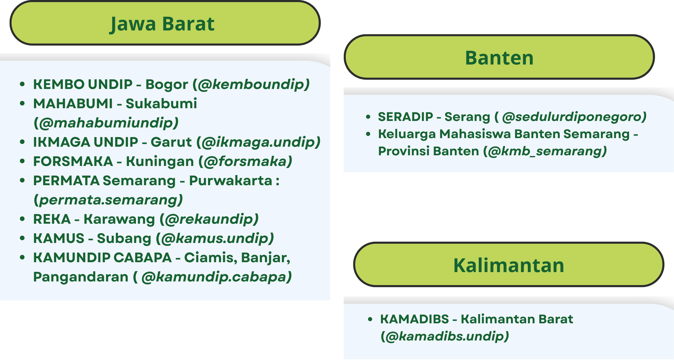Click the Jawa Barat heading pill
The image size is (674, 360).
(x=165, y=23)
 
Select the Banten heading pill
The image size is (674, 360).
(x=499, y=57)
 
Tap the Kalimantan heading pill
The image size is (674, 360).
(x=509, y=265)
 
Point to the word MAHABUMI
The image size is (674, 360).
(x=73, y=104)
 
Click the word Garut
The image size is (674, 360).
(x=171, y=142)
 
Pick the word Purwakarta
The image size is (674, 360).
(x=230, y=181)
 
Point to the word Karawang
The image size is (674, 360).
(x=119, y=219)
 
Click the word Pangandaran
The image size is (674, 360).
(x=81, y=277)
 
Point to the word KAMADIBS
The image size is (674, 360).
(x=415, y=319)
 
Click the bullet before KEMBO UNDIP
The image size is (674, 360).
(x=22, y=84)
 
